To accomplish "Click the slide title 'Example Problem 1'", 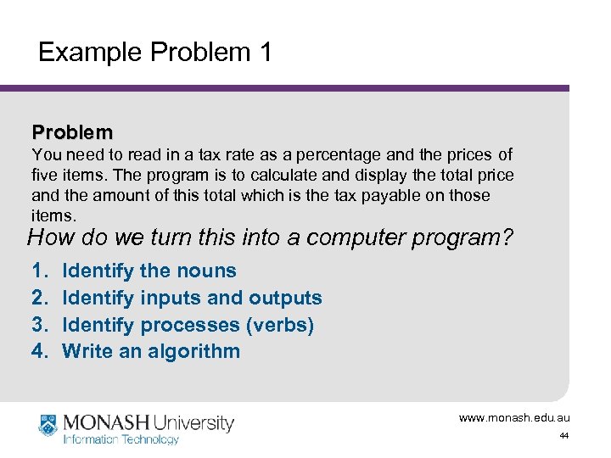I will coord(155,53).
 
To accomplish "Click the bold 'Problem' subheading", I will coord(72,132).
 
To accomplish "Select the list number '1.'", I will coord(40,271).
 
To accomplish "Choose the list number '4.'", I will coord(40,351).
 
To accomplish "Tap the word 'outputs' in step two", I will coord(285,298).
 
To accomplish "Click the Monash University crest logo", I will coord(49,426).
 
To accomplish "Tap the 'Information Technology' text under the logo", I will coord(121,439).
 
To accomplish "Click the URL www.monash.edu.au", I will coord(514,418).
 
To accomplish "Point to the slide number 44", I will coord(563,436).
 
